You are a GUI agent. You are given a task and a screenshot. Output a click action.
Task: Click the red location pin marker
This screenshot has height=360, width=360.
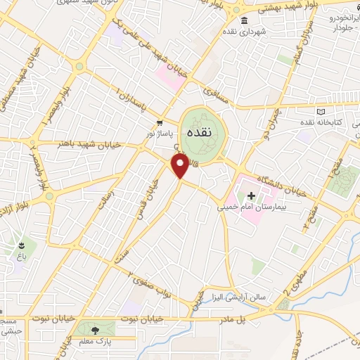[x=181, y=166]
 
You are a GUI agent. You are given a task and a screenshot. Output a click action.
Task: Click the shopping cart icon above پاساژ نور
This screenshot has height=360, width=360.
[x=160, y=122]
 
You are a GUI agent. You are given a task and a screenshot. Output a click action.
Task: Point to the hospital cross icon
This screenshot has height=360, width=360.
[x=252, y=194]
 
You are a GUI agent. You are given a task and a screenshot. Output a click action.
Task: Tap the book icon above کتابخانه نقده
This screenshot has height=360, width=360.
[x=321, y=112]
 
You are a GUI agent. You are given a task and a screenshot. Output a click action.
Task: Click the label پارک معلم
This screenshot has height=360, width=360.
[x=93, y=340]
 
